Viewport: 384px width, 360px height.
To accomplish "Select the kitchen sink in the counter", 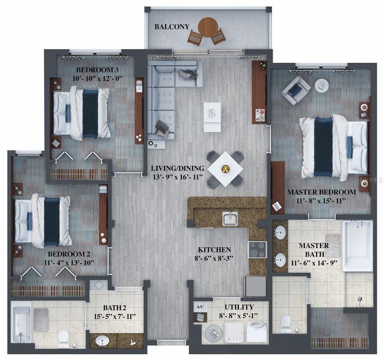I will [x=230, y=219].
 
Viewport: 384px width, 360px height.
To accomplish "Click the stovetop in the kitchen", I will [x=257, y=249].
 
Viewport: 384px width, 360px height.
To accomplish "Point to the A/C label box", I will [x=200, y=307].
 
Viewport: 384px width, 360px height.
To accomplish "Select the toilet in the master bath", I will [x=284, y=323].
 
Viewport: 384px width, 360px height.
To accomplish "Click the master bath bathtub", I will [x=357, y=246].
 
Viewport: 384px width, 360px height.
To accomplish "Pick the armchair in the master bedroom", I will [x=295, y=90].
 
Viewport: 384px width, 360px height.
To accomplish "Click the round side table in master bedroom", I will [x=322, y=85].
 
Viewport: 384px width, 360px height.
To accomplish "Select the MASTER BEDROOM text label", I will [x=321, y=192].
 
